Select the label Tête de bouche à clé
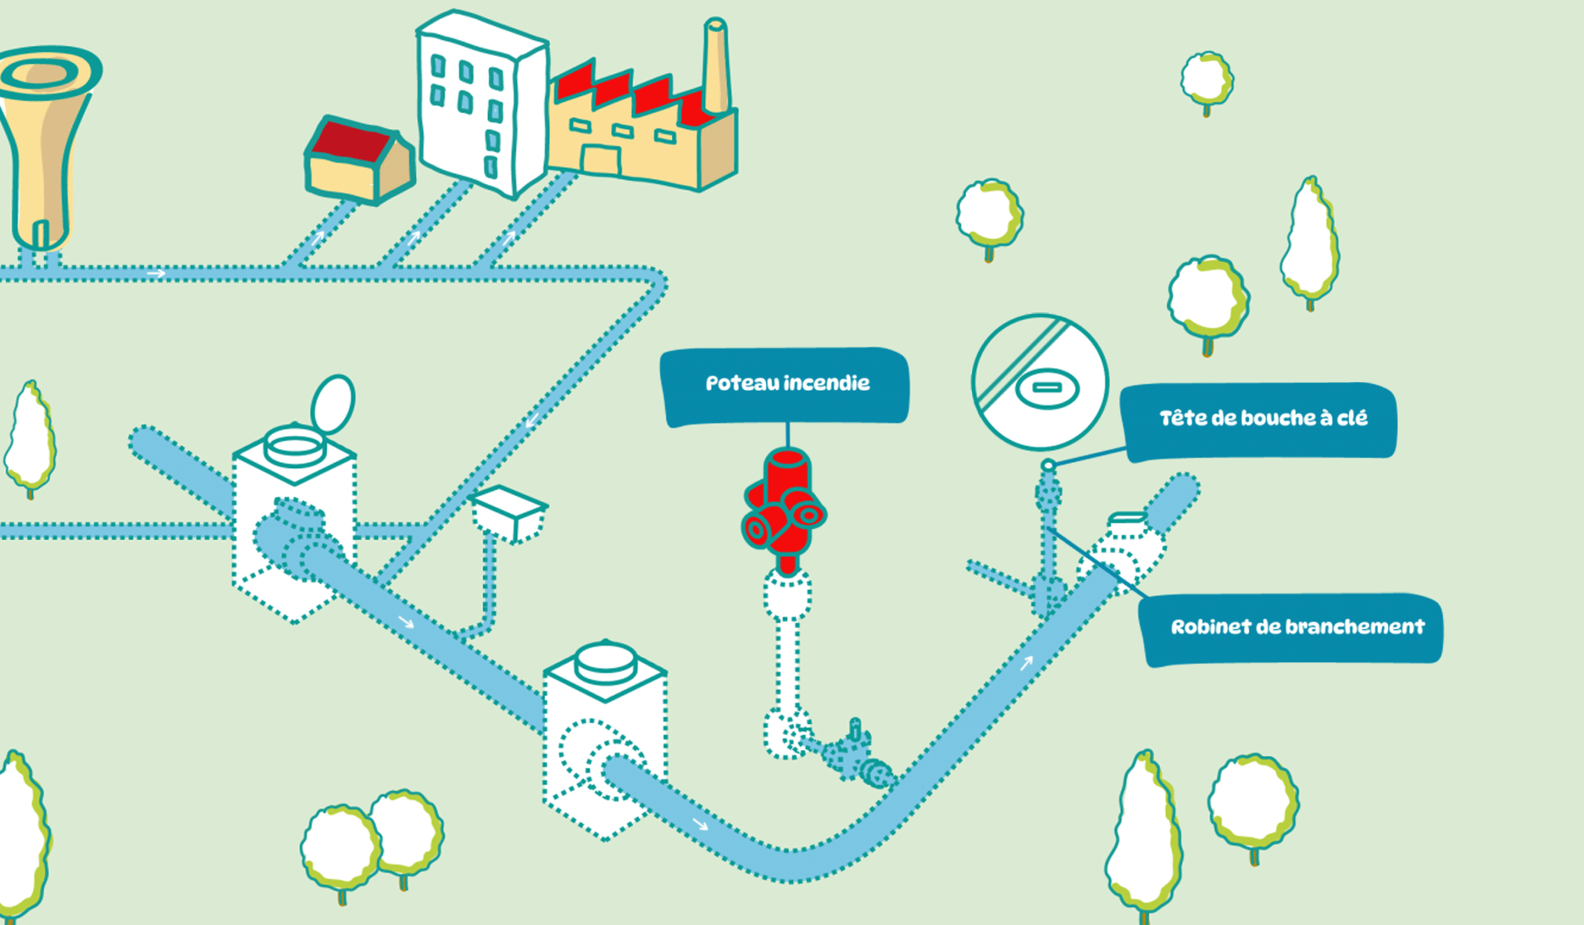1261,420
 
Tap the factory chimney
716,65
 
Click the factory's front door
601,161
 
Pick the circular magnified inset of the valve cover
1039,383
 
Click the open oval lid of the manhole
333,403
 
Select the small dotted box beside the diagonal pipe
509,513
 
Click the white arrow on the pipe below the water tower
156,274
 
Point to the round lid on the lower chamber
605,661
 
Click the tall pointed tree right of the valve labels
1310,239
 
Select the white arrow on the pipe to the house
317,237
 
